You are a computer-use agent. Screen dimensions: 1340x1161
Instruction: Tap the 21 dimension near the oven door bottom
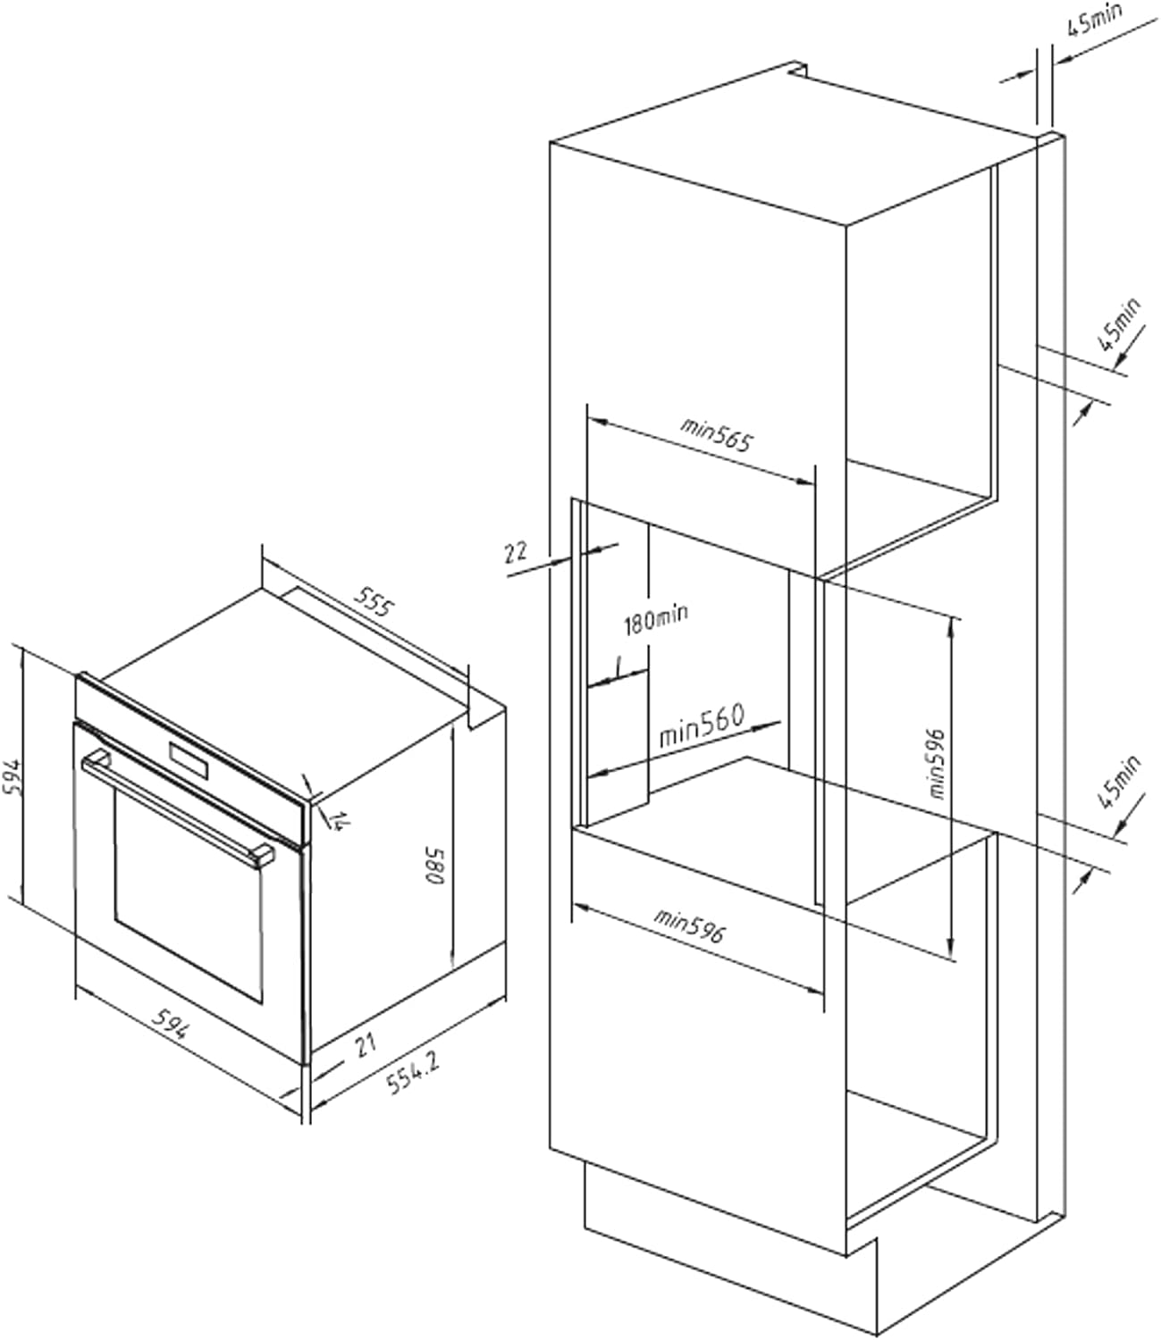click(365, 1043)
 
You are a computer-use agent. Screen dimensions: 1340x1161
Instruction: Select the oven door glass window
click(188, 893)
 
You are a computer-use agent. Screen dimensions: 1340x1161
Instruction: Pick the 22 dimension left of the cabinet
click(516, 551)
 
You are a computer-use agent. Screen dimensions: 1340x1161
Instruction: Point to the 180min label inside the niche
click(655, 617)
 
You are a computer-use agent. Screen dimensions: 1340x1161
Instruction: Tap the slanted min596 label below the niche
click(688, 925)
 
